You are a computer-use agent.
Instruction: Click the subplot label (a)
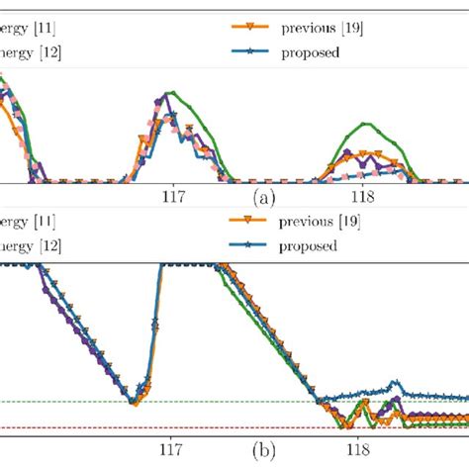point(264,198)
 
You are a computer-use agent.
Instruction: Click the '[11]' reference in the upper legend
point(47,30)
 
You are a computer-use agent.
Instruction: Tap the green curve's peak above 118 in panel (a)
point(367,124)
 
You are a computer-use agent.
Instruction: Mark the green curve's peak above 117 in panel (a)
point(174,92)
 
